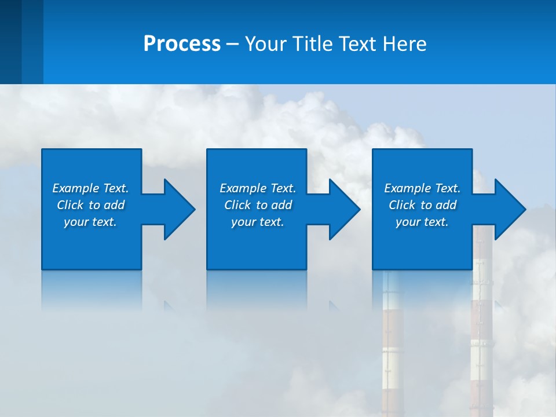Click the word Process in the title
coord(182,44)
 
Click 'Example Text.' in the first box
coord(90,188)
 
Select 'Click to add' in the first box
coord(90,205)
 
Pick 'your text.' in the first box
coord(90,222)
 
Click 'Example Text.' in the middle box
coord(258,188)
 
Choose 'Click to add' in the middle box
coord(258,205)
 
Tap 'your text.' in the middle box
coord(258,222)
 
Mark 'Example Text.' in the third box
coord(422,188)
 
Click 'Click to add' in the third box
coord(422,205)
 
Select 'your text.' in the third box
coord(422,222)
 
